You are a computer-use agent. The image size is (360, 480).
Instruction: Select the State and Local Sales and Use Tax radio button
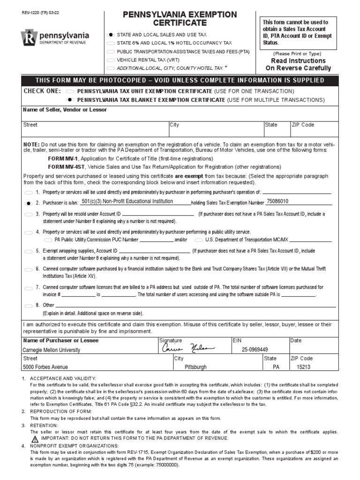pyautogui.click(x=111, y=35)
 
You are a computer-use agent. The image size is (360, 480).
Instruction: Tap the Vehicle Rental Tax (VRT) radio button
pyautogui.click(x=111, y=60)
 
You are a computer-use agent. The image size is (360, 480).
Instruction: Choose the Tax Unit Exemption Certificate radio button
pyautogui.click(x=70, y=91)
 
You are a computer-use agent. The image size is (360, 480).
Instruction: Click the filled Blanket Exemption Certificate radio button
pyautogui.click(x=70, y=100)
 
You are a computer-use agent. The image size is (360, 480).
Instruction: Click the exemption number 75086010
pyautogui.click(x=277, y=201)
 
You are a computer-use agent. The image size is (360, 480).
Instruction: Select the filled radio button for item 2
pyautogui.click(x=29, y=203)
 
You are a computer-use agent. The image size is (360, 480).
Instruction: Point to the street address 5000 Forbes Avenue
pyautogui.click(x=45, y=367)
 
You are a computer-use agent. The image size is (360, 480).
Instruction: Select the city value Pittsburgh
pyautogui.click(x=195, y=367)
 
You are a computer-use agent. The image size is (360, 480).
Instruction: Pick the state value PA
pyautogui.click(x=276, y=367)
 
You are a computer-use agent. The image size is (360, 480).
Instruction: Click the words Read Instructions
pyautogui.click(x=298, y=61)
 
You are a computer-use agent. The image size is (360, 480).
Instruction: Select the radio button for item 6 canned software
pyautogui.click(x=29, y=270)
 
